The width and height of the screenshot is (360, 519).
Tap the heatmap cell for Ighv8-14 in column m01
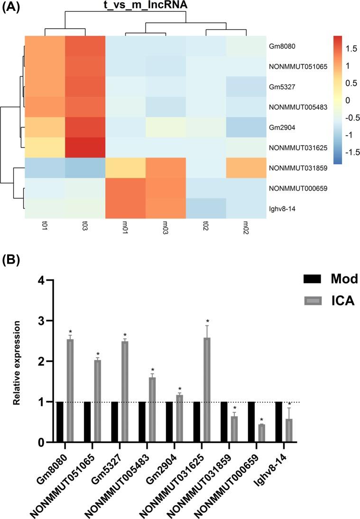125,208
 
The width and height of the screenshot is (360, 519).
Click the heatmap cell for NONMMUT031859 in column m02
246,167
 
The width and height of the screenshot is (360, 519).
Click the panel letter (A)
11,8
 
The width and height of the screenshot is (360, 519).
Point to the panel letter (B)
11,262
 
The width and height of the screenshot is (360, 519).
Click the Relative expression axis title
17,362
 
